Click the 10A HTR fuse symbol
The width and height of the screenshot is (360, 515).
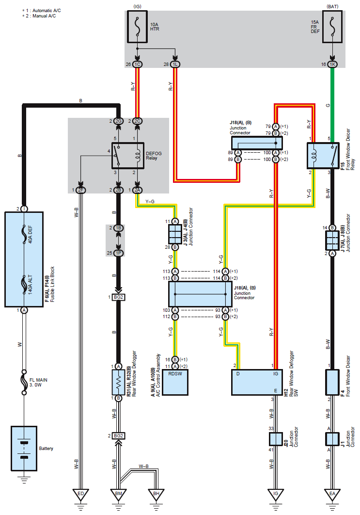(x=137, y=27)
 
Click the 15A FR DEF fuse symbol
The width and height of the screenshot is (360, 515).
(x=332, y=27)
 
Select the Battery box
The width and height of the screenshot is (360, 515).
(x=24, y=449)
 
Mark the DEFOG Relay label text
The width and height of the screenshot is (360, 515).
(x=154, y=156)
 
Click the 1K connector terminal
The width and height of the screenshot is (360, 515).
(x=332, y=64)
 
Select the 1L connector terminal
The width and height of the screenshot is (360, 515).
(x=175, y=64)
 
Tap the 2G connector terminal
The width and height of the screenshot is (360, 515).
(x=119, y=121)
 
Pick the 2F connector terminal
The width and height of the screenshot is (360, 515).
(x=81, y=190)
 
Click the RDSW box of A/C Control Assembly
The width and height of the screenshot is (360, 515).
(x=175, y=382)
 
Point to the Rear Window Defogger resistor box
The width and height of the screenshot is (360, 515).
(x=119, y=382)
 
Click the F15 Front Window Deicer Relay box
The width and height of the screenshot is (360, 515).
(x=323, y=156)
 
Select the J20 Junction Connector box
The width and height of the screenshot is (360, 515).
(x=276, y=439)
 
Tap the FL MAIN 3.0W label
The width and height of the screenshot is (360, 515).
(x=38, y=382)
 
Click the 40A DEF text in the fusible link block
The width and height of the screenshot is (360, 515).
(x=30, y=234)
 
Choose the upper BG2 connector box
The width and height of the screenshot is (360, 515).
(x=119, y=297)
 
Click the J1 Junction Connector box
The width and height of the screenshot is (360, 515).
(x=332, y=439)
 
